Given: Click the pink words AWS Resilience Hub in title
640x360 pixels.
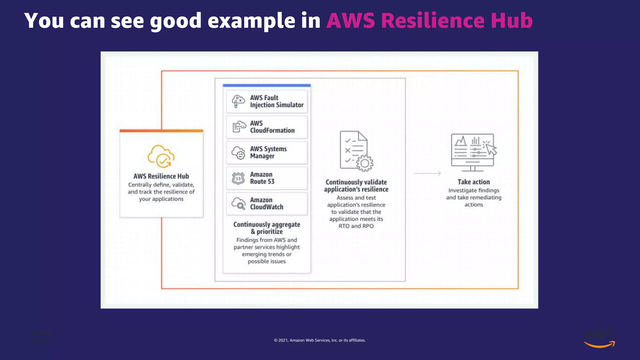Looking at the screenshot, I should click(429, 21).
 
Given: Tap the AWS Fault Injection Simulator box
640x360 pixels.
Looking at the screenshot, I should click(267, 102).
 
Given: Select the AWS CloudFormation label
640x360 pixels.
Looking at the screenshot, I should click(272, 127).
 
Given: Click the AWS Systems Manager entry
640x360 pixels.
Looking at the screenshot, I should click(268, 152).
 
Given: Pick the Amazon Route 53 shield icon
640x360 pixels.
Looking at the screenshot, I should click(238, 178).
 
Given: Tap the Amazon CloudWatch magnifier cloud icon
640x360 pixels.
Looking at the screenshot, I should click(238, 204).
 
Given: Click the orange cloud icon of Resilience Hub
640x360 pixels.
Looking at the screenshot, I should click(161, 156).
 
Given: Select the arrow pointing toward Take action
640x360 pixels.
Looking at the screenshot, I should click(427, 173).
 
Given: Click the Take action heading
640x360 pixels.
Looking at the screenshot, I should click(473, 182).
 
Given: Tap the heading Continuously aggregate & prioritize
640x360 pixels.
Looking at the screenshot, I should click(267, 228).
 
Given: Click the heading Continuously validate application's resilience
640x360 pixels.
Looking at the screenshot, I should click(356, 186).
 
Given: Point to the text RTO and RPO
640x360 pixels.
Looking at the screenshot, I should click(356, 226).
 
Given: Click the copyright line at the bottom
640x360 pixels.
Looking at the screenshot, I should click(320, 340).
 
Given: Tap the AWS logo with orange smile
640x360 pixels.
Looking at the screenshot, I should click(599, 338).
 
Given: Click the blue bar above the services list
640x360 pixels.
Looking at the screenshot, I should click(267, 85).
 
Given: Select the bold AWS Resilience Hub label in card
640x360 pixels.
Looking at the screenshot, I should click(161, 176).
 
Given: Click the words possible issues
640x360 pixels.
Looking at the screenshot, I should click(267, 261).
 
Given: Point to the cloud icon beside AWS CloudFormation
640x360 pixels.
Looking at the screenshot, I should click(239, 127).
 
